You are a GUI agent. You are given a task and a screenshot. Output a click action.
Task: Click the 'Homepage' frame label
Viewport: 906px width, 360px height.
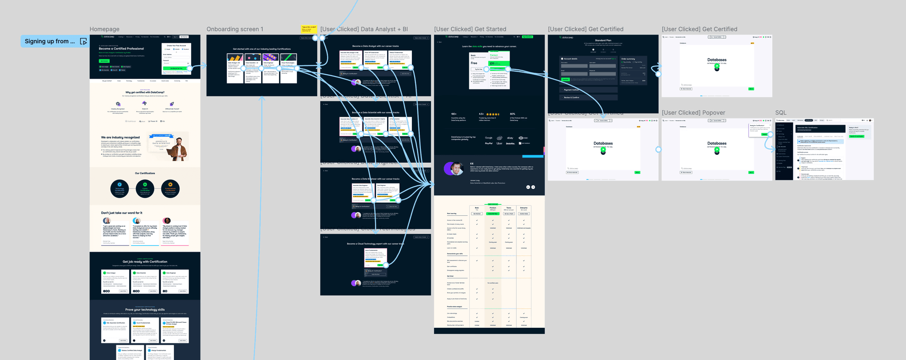[104, 29]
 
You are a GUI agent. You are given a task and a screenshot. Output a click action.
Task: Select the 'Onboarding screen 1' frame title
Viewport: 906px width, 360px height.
[235, 29]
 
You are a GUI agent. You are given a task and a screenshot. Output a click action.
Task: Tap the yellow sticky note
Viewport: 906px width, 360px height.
[309, 29]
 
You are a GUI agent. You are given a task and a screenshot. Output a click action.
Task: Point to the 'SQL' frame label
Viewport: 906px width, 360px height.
[781, 113]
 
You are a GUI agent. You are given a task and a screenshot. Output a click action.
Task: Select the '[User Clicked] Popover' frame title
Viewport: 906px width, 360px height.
[693, 113]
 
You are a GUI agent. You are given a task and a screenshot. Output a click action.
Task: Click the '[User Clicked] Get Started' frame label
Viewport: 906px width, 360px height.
[470, 29]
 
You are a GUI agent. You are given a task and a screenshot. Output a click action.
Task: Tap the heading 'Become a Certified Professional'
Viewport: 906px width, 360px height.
[121, 49]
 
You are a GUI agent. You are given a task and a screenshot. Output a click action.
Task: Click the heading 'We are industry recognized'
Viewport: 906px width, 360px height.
[120, 138]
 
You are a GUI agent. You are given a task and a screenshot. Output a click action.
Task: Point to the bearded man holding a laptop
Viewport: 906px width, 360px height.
[178, 148]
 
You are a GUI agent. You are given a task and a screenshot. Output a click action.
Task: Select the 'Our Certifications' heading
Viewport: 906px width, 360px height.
[145, 173]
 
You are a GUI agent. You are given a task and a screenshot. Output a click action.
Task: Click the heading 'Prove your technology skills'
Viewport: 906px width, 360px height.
[145, 310]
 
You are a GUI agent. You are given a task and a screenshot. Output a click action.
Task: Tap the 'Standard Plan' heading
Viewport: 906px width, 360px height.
[603, 40]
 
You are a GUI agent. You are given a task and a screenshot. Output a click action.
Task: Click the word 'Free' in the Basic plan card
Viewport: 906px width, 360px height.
[474, 63]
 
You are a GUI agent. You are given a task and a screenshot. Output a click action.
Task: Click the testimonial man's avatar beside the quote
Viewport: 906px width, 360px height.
[453, 168]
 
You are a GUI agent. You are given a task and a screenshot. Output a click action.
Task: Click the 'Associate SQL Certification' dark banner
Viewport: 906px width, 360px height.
[820, 128]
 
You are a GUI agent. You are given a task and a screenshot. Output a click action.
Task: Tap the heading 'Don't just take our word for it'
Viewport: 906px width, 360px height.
[122, 213]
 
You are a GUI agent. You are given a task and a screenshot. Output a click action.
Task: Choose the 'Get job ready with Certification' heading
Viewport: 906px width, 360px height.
[145, 262]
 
